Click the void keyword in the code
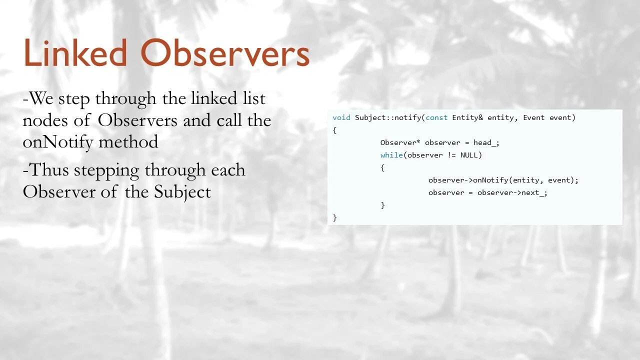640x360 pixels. (341, 117)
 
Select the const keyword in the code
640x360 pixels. (436, 117)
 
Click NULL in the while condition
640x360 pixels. (469, 155)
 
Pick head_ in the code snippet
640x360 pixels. (486, 142)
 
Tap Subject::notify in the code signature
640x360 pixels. (388, 117)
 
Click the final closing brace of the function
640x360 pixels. (334, 217)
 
